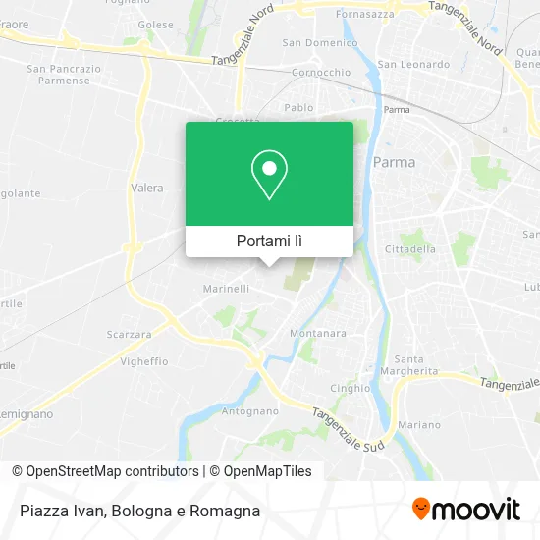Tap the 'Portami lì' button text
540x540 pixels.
coord(269,241)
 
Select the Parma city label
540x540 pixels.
coord(395,162)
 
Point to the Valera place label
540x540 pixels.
coord(146,187)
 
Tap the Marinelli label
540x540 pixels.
coord(226,289)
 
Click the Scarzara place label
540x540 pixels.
coord(129,334)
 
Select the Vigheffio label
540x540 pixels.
coord(144,360)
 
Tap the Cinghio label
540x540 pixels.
coord(351,387)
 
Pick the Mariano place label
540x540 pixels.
coord(419,424)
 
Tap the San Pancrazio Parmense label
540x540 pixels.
coord(64,75)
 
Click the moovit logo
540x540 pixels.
coord(465,510)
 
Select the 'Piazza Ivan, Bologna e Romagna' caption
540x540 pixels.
coord(138,511)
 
